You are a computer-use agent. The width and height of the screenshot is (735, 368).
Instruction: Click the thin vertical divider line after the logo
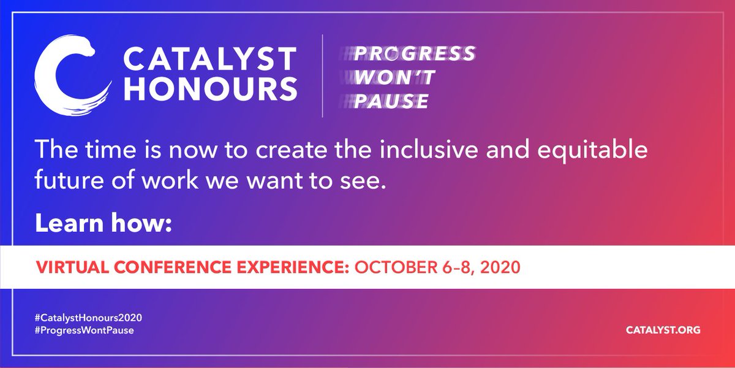coord(323,77)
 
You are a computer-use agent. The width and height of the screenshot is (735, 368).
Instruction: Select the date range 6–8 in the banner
coord(454,268)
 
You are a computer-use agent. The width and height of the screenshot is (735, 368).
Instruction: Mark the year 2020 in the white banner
coord(500,268)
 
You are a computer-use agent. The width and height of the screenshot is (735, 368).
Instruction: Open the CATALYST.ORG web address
coord(663,330)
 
